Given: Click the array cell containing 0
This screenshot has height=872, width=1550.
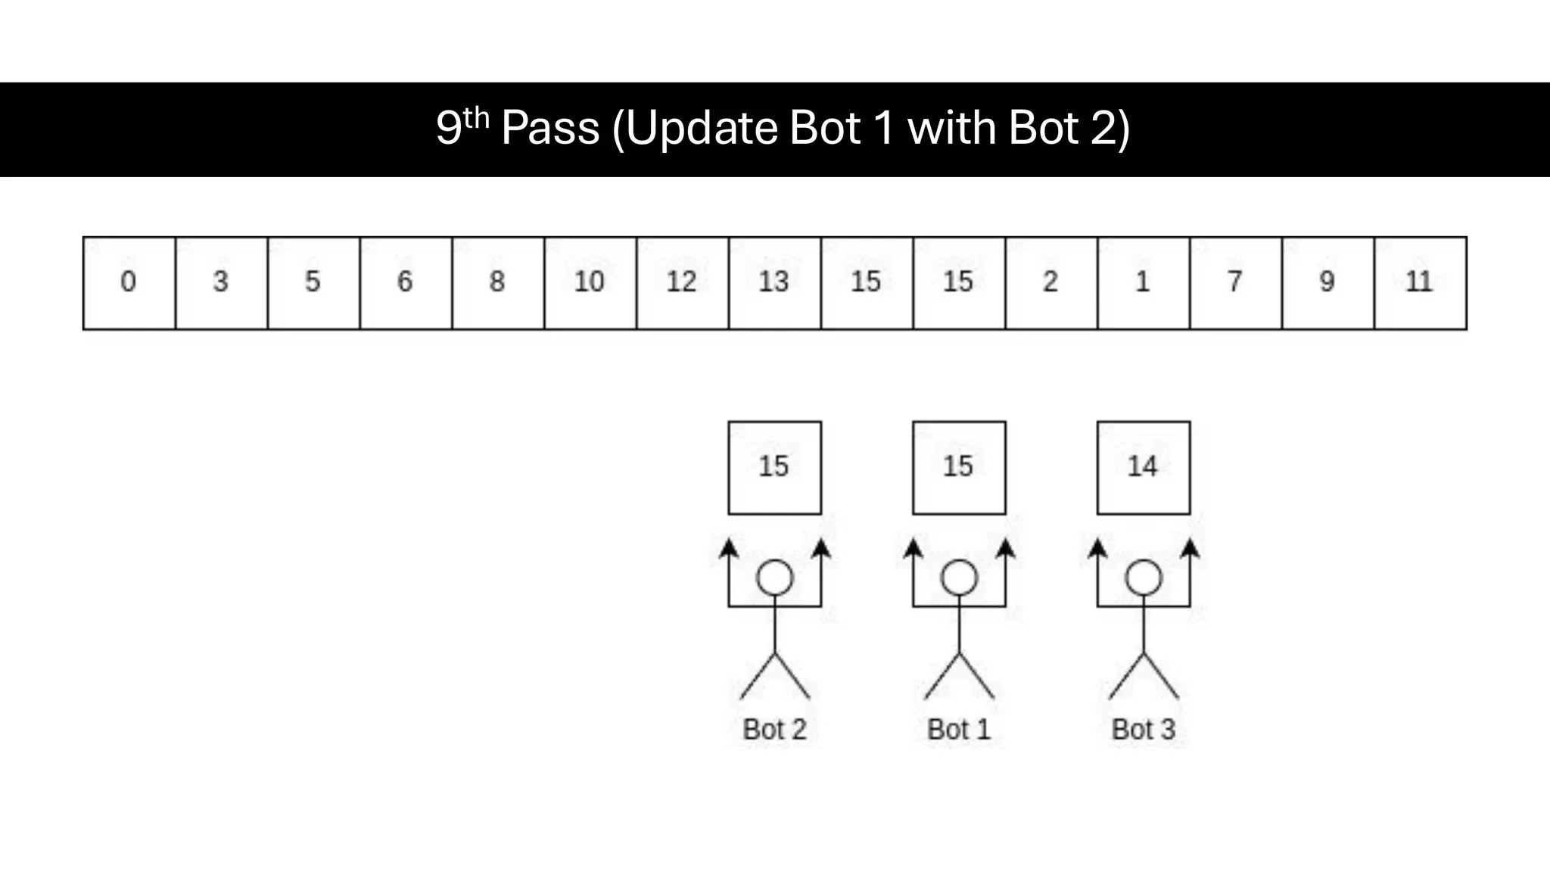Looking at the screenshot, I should coord(129,283).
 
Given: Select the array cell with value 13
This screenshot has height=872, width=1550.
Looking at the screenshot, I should coord(774,283).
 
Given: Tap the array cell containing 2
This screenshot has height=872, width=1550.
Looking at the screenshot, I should coord(1050,283).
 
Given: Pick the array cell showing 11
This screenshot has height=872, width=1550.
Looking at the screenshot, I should coord(1420,283).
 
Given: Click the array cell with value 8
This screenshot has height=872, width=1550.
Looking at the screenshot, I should coord(497,283).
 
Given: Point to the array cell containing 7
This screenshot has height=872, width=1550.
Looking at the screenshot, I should coord(1235,283).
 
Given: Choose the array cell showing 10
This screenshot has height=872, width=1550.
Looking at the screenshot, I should coord(590,283).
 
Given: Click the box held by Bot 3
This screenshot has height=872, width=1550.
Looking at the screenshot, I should coord(1143,468).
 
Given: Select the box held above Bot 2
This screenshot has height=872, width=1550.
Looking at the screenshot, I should coord(774,468).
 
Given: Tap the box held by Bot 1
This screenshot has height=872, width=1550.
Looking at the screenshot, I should coord(959,468).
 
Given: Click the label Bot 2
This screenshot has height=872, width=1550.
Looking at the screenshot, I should coord(774,730).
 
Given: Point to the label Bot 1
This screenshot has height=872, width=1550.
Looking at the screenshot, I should coord(959,730).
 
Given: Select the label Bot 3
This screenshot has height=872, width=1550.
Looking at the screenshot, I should coord(1143,730).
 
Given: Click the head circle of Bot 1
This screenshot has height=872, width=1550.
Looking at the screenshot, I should coord(959,578).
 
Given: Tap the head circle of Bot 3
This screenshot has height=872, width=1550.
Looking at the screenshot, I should coord(1143,578).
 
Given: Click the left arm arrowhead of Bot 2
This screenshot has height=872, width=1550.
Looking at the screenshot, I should coord(729,548).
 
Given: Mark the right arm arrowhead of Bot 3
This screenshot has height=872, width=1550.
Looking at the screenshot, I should coord(1190,548).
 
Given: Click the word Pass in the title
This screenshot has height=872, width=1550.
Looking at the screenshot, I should coord(550,128).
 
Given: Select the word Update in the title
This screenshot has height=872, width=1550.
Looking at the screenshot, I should coord(702,128).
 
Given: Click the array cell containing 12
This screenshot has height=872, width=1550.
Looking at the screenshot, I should coord(682,283).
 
